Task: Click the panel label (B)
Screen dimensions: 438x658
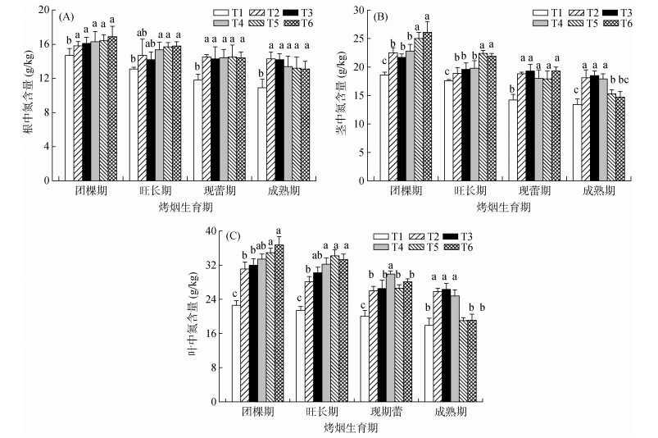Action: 382,15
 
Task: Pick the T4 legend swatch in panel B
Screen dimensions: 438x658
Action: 540,24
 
